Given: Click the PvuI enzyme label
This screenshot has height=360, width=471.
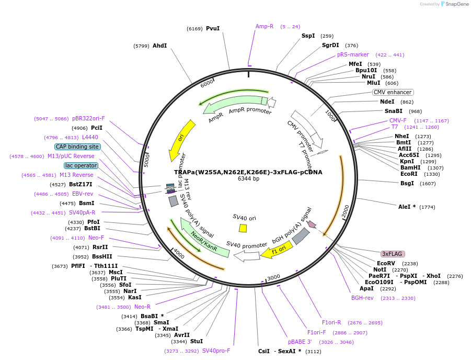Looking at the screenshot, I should coord(213,28).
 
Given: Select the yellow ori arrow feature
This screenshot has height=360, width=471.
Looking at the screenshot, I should coord(180,140).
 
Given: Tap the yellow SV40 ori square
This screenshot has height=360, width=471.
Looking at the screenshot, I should coord(243,228).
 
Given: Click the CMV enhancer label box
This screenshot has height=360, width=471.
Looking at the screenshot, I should coord(393,92).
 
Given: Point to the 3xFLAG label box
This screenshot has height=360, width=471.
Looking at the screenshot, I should coord(392,254).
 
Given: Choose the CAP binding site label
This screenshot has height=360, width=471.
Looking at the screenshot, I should coord(77,147).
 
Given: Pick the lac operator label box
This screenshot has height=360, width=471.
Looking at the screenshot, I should coord(81,165).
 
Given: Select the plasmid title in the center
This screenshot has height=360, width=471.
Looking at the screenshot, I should coord(248,172).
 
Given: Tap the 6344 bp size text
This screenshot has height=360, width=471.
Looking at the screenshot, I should coord(248,179).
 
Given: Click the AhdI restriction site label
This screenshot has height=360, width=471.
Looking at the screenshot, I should coord(159,46).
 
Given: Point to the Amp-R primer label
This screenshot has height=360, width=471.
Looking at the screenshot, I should coord(265,26).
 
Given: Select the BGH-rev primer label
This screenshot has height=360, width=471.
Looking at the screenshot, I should coord(362,298).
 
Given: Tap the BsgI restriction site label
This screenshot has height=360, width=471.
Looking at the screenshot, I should coord(407,183).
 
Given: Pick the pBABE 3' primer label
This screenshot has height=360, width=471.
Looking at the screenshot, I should coord(300,342).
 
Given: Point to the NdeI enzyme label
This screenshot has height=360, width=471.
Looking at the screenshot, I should coord(387,102).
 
